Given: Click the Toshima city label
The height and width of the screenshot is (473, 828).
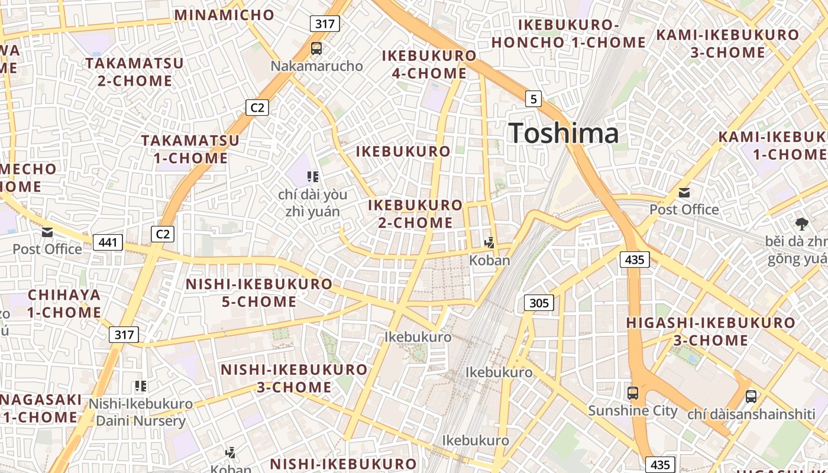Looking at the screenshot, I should [x=563, y=133].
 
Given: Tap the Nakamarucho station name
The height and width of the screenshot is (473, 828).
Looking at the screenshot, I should [x=316, y=66].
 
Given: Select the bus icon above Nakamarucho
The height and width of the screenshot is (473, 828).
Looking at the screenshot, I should [x=316, y=48].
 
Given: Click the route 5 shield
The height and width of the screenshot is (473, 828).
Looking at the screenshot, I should [x=533, y=99].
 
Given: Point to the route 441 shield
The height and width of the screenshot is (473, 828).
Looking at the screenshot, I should [x=108, y=242].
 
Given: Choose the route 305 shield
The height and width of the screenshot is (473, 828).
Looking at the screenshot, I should [x=538, y=303].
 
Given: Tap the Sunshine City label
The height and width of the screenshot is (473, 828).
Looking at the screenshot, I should [x=632, y=410].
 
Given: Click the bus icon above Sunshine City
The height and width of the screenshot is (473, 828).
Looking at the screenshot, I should [x=632, y=393].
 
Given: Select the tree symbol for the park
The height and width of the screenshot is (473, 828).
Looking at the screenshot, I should [x=802, y=223].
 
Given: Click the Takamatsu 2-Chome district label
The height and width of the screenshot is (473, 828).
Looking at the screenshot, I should [x=134, y=72].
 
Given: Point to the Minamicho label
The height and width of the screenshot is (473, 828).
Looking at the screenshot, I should [x=224, y=15].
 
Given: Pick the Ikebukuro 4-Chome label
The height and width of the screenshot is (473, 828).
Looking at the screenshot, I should [x=429, y=64].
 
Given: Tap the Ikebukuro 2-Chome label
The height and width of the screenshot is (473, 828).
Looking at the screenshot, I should [x=415, y=213].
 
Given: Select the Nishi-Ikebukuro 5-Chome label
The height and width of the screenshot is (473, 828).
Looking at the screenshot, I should [x=259, y=293].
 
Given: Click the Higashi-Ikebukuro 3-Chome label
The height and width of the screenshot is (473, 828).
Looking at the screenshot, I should [x=710, y=331].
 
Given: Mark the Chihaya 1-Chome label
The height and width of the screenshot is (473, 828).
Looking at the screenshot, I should [x=64, y=303].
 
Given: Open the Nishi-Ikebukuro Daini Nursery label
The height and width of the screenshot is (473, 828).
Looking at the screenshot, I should [x=140, y=413].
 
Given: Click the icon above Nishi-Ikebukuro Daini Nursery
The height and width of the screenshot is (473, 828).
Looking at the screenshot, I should [x=140, y=387].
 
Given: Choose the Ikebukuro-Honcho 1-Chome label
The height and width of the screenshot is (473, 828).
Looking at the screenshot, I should [x=569, y=34].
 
